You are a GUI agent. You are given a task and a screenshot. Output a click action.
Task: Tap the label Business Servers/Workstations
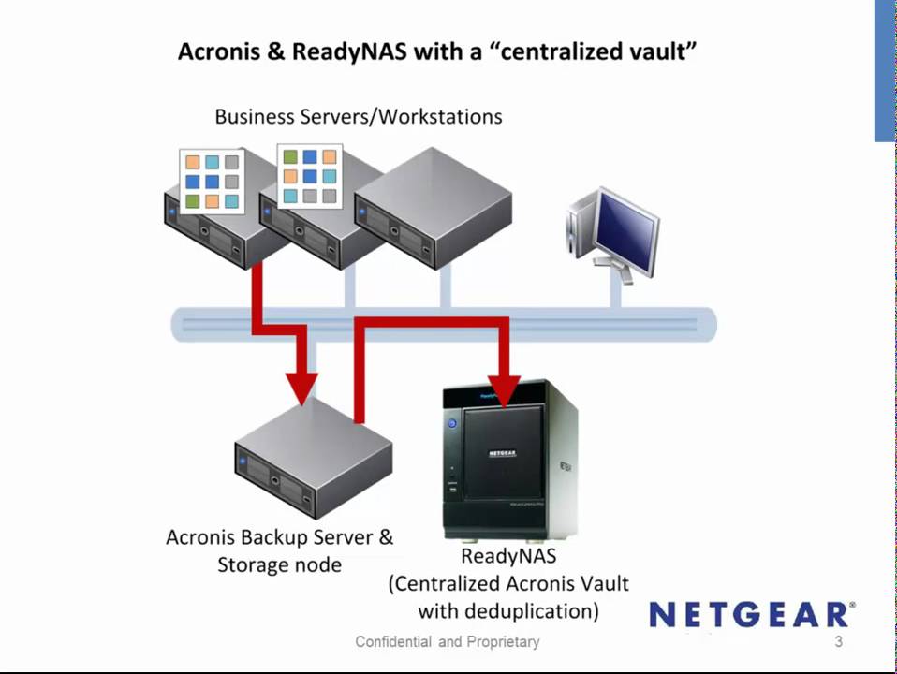pyautogui.click(x=359, y=117)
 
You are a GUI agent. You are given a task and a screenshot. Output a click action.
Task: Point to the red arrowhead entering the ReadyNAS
pyautogui.click(x=505, y=390)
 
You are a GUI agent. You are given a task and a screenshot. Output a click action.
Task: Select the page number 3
pyautogui.click(x=839, y=642)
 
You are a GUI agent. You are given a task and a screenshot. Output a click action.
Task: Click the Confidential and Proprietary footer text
pyautogui.click(x=448, y=642)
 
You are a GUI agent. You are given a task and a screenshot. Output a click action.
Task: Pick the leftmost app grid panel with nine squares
pyautogui.click(x=212, y=181)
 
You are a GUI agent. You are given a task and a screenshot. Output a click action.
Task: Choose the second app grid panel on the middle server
pyautogui.click(x=310, y=175)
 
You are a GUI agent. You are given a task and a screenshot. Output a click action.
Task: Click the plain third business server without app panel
pyautogui.click(x=434, y=208)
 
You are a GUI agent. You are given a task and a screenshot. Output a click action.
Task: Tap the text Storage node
pyautogui.click(x=279, y=565)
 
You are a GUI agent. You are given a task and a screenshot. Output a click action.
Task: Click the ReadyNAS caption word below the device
pyautogui.click(x=508, y=556)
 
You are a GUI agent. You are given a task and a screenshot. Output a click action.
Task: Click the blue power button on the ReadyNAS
pyautogui.click(x=452, y=423)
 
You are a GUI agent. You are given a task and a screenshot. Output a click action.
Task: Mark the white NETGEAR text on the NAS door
pyautogui.click(x=502, y=452)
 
